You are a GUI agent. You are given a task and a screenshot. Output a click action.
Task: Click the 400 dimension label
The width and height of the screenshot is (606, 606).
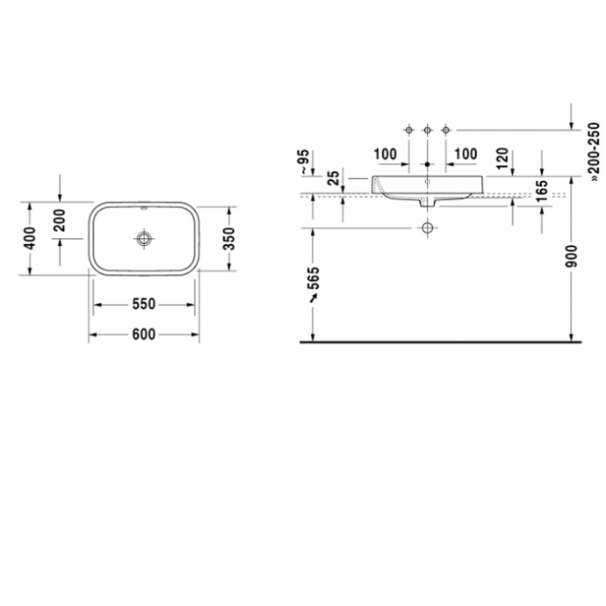click(30, 237)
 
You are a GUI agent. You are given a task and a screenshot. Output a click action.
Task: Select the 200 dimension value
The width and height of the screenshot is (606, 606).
click(60, 219)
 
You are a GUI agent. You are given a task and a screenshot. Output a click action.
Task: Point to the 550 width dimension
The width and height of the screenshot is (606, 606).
click(144, 304)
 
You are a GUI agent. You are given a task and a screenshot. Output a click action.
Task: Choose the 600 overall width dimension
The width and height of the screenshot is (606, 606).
click(144, 334)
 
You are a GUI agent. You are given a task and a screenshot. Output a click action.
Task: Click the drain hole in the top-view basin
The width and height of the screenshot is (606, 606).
click(144, 238)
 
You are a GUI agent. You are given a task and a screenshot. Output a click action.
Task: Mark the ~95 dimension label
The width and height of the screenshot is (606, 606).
click(302, 161)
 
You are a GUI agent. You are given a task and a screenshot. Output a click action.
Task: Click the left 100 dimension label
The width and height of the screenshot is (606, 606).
click(386, 155)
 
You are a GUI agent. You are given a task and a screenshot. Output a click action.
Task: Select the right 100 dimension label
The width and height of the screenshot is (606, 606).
click(465, 155)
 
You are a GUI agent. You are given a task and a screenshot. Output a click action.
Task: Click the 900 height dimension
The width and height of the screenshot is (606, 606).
click(572, 255)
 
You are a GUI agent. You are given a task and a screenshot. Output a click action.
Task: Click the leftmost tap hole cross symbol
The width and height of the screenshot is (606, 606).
click(408, 129)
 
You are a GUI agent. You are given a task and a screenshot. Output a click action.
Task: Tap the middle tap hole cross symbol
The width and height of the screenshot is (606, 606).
click(427, 129)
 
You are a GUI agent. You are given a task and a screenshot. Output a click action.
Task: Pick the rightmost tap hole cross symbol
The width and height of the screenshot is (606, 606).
click(446, 129)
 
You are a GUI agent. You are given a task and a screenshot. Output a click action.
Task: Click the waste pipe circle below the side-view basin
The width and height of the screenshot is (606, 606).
click(427, 227)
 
